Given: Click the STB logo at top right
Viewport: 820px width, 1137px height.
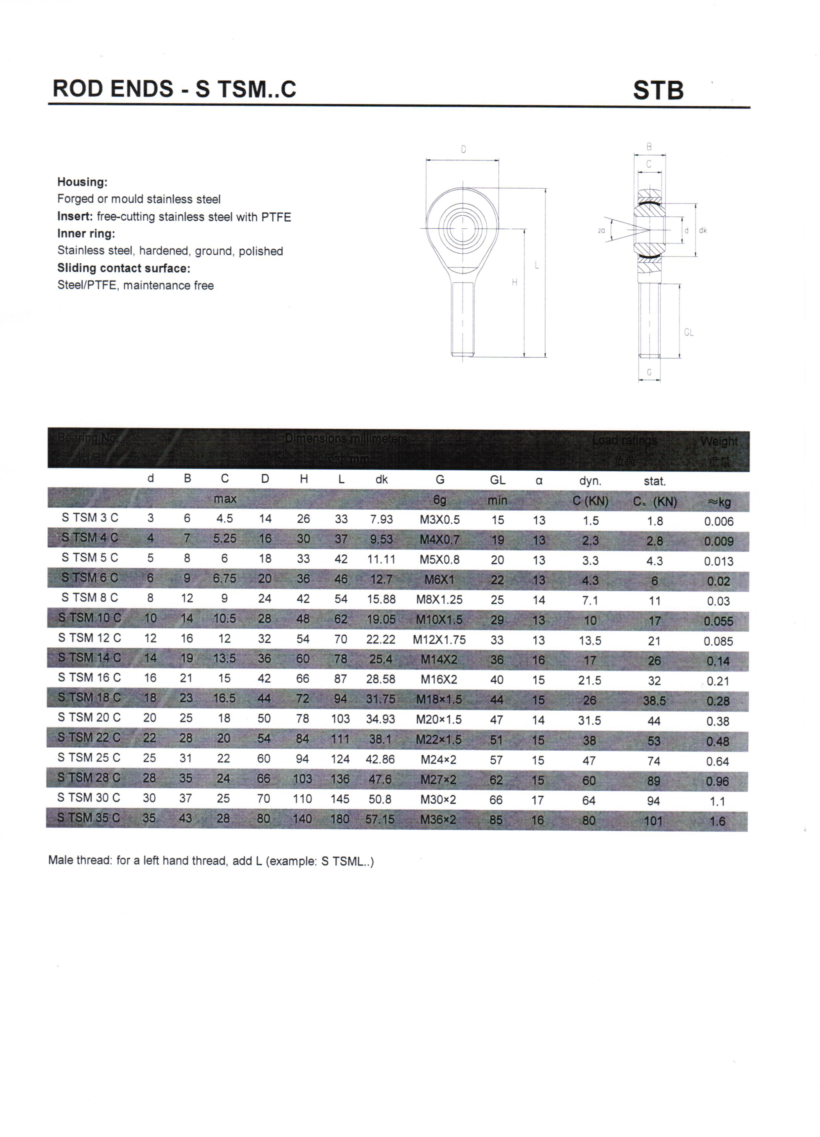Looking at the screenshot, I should point(658,90).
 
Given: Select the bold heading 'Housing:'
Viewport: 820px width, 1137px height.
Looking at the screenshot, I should point(82,182).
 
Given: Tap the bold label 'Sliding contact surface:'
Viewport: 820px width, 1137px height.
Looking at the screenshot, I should point(124,268).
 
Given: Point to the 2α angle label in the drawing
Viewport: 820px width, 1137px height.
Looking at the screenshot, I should point(601,231).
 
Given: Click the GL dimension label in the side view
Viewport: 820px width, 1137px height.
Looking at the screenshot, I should point(689,332).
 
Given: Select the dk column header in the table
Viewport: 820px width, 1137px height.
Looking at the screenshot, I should point(382,480).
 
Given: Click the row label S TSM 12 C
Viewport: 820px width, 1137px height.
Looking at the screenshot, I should point(89,638).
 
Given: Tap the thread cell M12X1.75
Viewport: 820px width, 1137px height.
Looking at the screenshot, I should point(439,640).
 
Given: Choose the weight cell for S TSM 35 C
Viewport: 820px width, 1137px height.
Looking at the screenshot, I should point(717,821).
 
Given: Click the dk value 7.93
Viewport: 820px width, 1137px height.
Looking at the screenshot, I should point(382,519).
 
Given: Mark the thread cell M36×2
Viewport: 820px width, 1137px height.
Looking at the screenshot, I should point(438,820).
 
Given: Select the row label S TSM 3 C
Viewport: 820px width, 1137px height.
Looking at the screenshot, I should point(90,518).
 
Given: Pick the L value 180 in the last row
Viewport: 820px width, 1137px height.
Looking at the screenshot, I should point(340,819).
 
